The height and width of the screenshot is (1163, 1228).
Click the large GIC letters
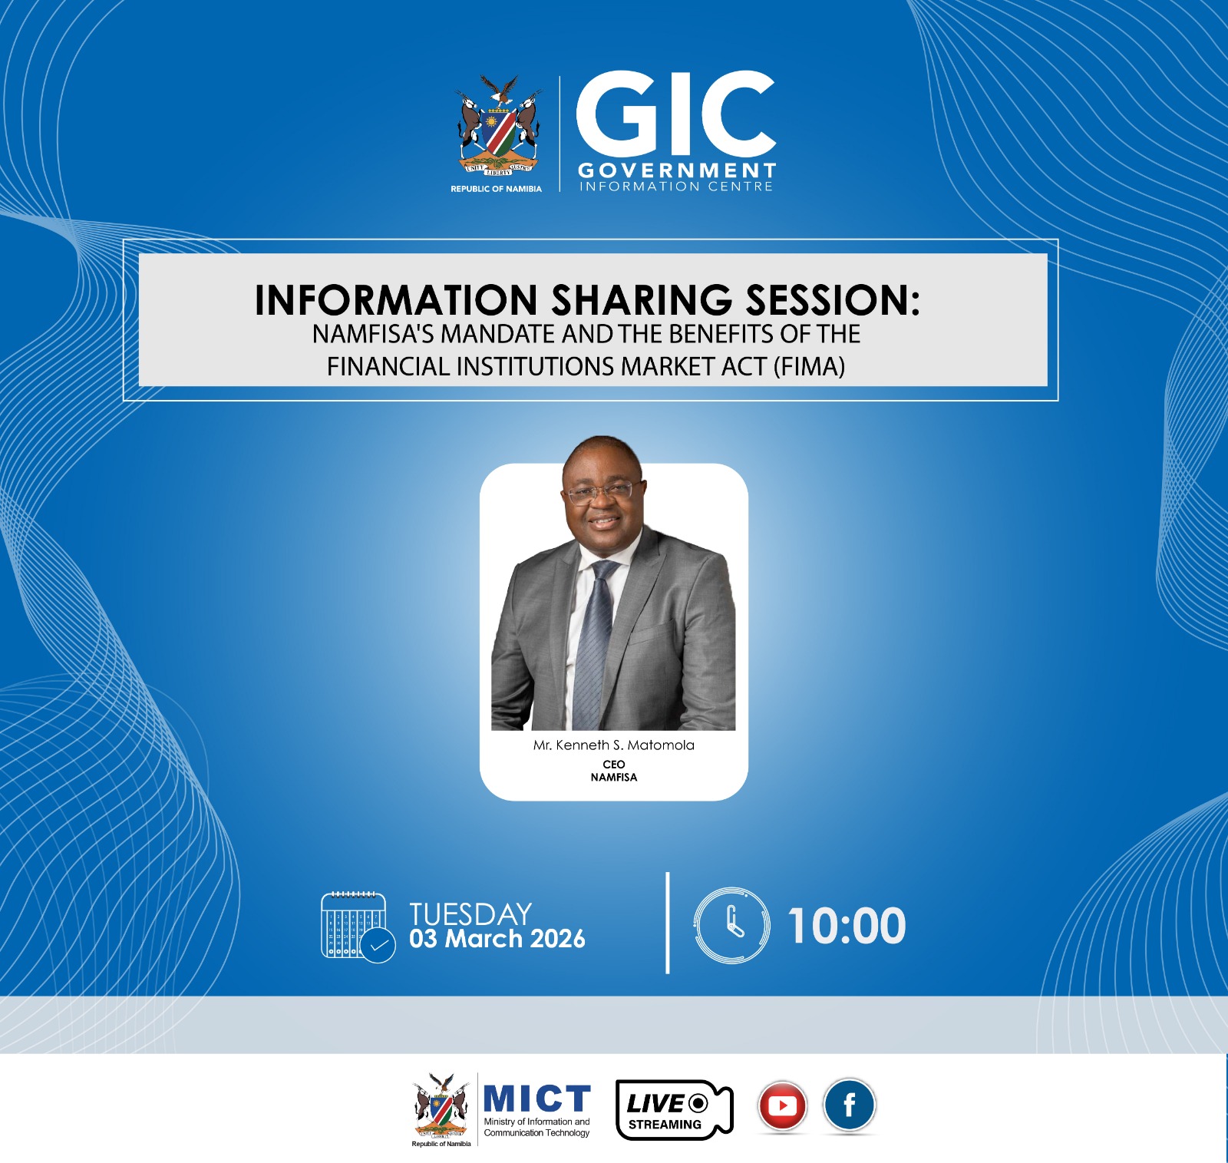click(675, 113)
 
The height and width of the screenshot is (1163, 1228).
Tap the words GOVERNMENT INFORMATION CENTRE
click(676, 177)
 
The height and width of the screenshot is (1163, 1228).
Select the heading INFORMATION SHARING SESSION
click(587, 299)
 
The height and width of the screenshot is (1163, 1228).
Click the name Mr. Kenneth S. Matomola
click(614, 745)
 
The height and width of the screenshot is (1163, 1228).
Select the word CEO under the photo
click(614, 764)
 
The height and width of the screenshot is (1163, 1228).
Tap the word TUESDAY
click(470, 914)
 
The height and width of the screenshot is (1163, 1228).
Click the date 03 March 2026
click(497, 938)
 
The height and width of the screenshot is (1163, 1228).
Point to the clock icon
click(731, 925)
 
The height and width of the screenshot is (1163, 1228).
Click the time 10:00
click(847, 925)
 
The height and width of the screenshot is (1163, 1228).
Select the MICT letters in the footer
click(537, 1099)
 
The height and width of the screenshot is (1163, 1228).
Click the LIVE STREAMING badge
click(675, 1109)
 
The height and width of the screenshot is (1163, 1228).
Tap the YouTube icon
click(782, 1106)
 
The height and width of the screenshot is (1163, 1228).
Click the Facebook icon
click(850, 1105)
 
